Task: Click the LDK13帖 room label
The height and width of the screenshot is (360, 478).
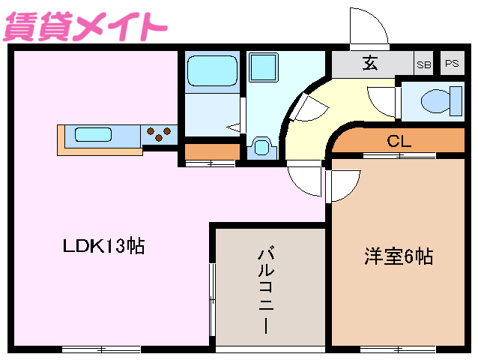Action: pyautogui.click(x=103, y=245)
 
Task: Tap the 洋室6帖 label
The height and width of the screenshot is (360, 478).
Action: pyautogui.click(x=398, y=256)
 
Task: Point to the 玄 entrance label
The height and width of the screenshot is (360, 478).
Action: pyautogui.click(x=370, y=64)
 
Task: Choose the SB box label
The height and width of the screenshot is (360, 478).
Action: pyautogui.click(x=424, y=64)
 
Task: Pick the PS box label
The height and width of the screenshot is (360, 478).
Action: pyautogui.click(x=451, y=64)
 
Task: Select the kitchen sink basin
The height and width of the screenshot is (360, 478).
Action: pyautogui.click(x=93, y=136)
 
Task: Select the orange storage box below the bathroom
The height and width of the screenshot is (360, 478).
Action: pyautogui.click(x=211, y=151)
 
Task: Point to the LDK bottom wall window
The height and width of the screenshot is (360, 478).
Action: pyautogui.click(x=101, y=349)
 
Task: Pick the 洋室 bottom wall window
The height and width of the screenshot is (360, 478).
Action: pyautogui.click(x=397, y=349)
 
